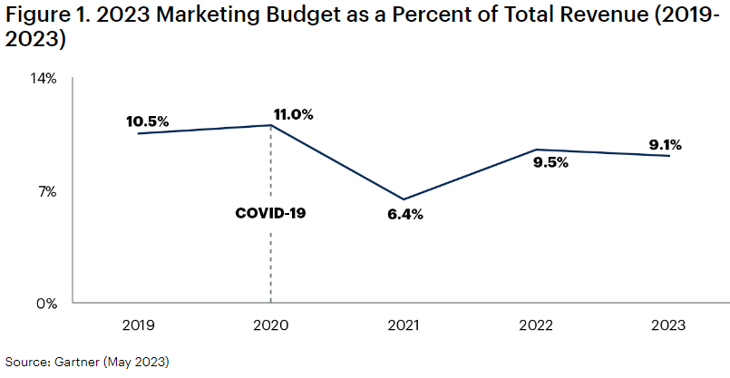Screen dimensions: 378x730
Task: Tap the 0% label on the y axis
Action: click(48, 303)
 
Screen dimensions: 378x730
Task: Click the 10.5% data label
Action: click(148, 122)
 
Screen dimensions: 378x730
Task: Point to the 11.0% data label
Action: click(293, 114)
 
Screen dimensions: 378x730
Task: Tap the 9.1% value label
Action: click(665, 144)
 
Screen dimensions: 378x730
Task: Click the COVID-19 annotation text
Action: click(270, 213)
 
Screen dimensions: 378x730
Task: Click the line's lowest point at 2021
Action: click(404, 199)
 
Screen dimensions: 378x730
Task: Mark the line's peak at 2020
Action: click(271, 125)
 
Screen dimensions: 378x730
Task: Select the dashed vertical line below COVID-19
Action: click(271, 263)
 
